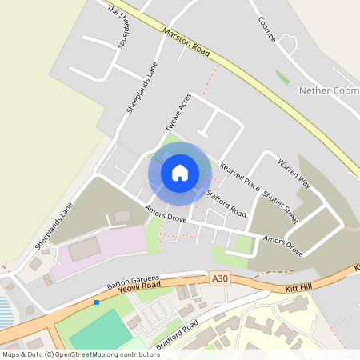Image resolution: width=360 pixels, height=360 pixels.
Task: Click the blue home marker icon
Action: click(x=180, y=172)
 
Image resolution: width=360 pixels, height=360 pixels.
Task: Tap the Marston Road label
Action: click(x=186, y=43)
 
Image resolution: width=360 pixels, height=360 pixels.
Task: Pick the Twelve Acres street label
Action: click(x=178, y=113)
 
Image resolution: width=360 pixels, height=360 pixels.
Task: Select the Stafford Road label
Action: click(x=226, y=204)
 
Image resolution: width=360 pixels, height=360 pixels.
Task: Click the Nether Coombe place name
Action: click(x=328, y=91)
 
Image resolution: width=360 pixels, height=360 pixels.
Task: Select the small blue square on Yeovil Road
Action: click(x=97, y=302)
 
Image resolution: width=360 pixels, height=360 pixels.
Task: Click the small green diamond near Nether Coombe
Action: click(x=282, y=78)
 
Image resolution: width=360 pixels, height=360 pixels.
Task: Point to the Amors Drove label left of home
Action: click(x=165, y=213)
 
